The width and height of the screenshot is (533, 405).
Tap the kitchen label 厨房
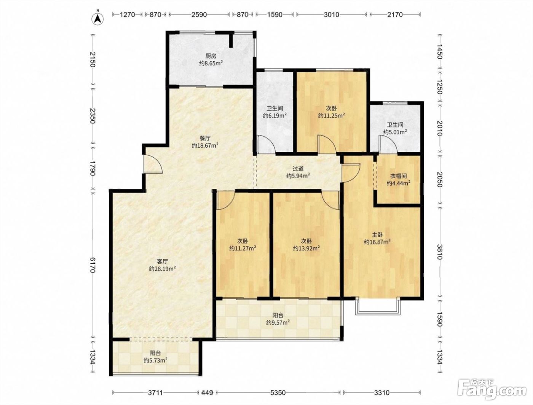coord(211,56)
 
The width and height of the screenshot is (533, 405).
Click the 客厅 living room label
coord(163,261)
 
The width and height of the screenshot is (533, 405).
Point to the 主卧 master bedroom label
coord(377,234)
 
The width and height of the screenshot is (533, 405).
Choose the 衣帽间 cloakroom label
coord(399,176)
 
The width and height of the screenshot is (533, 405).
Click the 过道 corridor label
coord(298,168)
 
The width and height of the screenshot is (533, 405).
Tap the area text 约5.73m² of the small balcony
coord(155,360)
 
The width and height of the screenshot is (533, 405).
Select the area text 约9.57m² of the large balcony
coord(278,322)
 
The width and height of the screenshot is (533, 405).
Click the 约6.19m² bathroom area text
coord(274,116)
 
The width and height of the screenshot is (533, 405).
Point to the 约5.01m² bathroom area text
coord(395,132)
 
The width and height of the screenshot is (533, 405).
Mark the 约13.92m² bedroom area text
coord(306,248)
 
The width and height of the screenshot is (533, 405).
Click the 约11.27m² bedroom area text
coord(243,248)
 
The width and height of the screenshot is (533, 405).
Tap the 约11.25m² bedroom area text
coord(332,116)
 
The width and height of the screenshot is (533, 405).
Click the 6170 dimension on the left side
coord(93,265)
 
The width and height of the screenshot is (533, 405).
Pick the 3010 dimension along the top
coord(332,15)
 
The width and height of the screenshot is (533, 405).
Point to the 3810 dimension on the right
coord(439,252)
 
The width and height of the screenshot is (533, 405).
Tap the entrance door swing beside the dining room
coord(153,164)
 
